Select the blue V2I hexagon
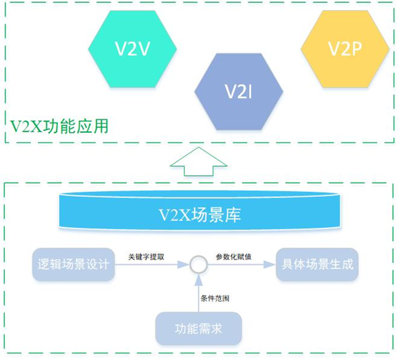pos(239,91)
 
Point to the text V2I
pos(239,91)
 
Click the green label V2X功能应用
pos(59,127)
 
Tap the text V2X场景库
pos(199,215)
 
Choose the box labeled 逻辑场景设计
pos(72,265)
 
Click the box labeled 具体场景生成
pos(317,265)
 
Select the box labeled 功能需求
pos(198,327)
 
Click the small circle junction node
pos(199,265)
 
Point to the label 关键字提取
pos(146,257)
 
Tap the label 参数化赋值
pos(234,257)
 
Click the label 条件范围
pos(214,298)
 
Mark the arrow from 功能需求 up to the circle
pos(199,292)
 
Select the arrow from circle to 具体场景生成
pos(239,265)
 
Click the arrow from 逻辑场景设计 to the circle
pos(151,265)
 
